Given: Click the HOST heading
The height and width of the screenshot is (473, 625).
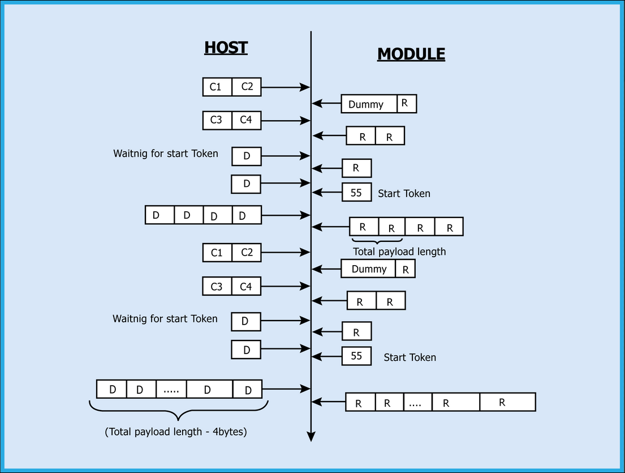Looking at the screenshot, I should (226, 48).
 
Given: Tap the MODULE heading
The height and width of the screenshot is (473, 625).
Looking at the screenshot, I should (411, 54).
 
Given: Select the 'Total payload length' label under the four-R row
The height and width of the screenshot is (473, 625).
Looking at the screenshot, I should (399, 252).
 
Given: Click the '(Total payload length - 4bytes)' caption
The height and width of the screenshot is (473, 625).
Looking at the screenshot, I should (176, 432).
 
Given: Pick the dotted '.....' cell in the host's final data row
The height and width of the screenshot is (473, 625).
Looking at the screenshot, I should (171, 390).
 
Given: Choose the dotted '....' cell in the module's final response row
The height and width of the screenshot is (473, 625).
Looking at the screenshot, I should (417, 403).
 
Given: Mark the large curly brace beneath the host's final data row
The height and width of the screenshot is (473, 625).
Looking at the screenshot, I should (178, 411).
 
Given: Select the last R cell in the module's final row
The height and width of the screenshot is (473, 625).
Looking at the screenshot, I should (507, 402).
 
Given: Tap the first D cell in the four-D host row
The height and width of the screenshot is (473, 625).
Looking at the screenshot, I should (160, 215).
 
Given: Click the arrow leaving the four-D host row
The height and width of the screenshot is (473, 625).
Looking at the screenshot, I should (286, 215).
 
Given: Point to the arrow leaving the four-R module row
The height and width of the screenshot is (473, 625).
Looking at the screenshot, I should (331, 227).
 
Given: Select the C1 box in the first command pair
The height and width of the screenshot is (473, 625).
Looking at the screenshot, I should (217, 87).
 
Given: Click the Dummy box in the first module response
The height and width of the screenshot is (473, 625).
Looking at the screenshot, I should (369, 104).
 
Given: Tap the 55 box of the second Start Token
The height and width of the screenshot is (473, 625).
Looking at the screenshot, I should (356, 356).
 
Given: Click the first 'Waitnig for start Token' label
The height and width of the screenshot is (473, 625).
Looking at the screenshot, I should (165, 154).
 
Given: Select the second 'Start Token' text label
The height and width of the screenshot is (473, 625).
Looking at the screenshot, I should (410, 357).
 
